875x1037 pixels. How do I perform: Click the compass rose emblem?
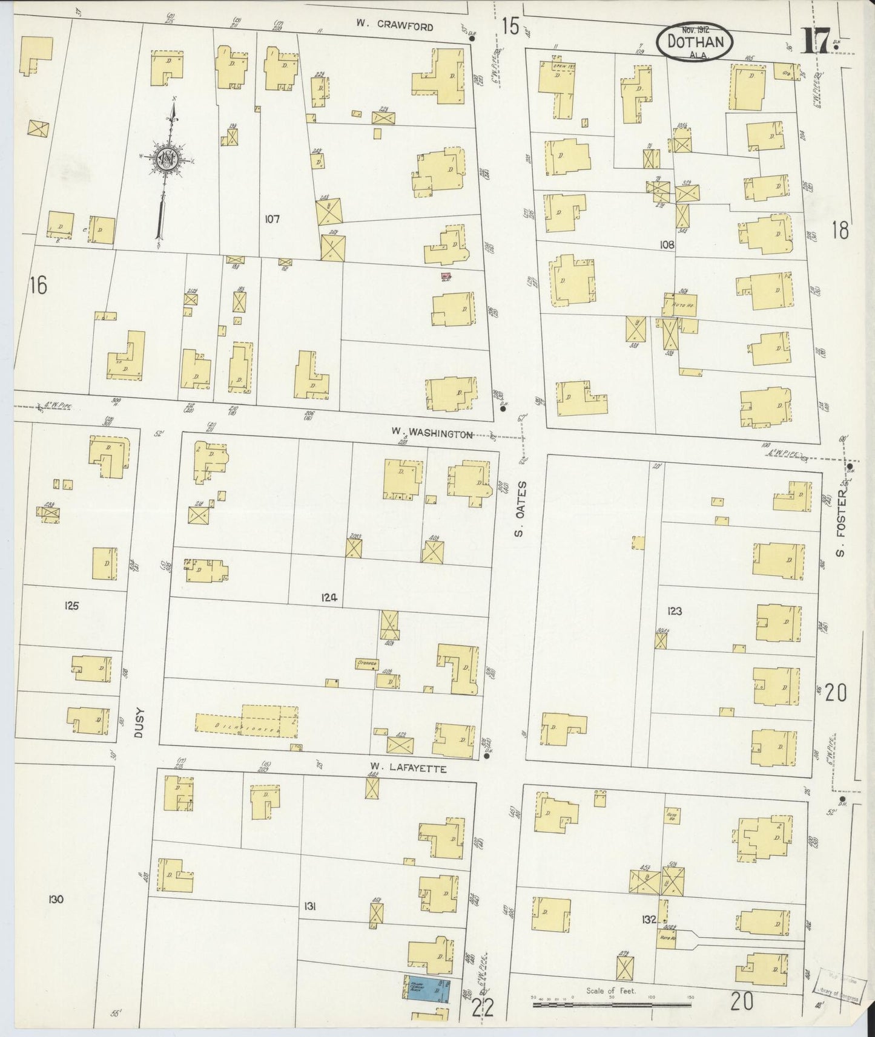click(x=165, y=159)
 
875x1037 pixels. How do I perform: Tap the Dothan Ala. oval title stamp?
click(x=694, y=42)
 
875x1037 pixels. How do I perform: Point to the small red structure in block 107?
click(x=446, y=276)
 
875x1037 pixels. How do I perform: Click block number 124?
click(x=329, y=598)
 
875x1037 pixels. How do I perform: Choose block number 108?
click(x=667, y=245)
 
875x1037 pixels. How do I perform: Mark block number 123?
click(x=674, y=611)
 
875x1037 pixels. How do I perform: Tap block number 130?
click(x=56, y=900)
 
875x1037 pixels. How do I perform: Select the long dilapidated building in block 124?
click(x=247, y=722)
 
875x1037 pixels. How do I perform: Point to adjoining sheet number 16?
click(x=38, y=284)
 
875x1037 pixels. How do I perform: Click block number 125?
click(x=71, y=605)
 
